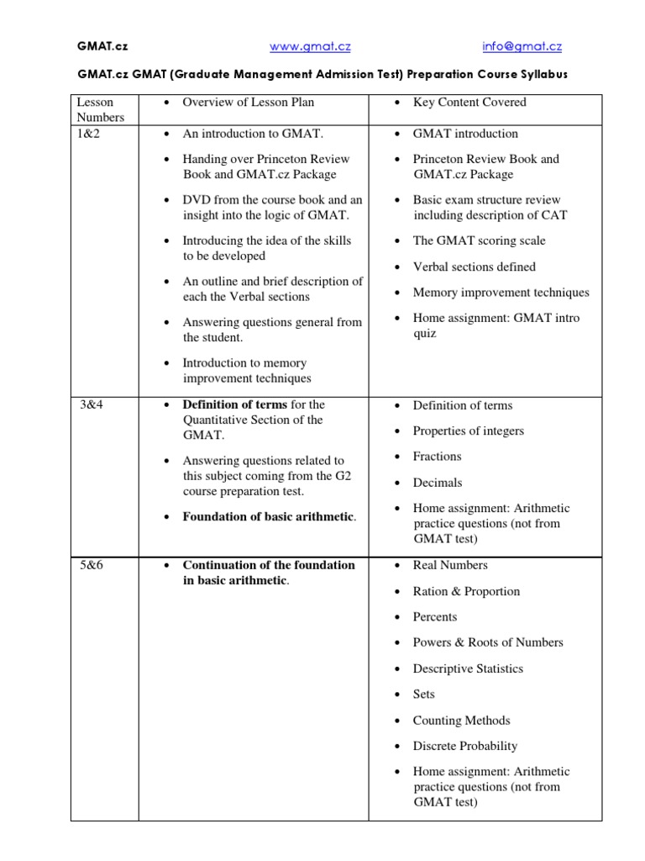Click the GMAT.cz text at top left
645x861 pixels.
pos(99,47)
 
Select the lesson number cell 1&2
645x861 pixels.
pos(89,133)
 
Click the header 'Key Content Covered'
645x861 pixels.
pos(469,103)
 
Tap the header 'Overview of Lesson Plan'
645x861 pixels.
pos(249,103)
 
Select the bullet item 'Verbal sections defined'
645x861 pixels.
pos(474,267)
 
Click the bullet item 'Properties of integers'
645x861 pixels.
pos(468,430)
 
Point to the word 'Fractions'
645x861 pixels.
pos(437,457)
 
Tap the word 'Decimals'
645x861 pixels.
pos(437,483)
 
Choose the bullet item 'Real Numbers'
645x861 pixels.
pos(450,565)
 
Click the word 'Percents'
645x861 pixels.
pos(435,616)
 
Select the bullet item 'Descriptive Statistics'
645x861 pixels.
pos(468,668)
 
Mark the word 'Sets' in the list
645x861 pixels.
pos(423,695)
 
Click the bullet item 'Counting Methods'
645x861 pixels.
pos(461,721)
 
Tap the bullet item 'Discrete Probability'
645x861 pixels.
pos(464,746)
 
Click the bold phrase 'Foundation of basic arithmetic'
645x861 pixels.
pos(268,516)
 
